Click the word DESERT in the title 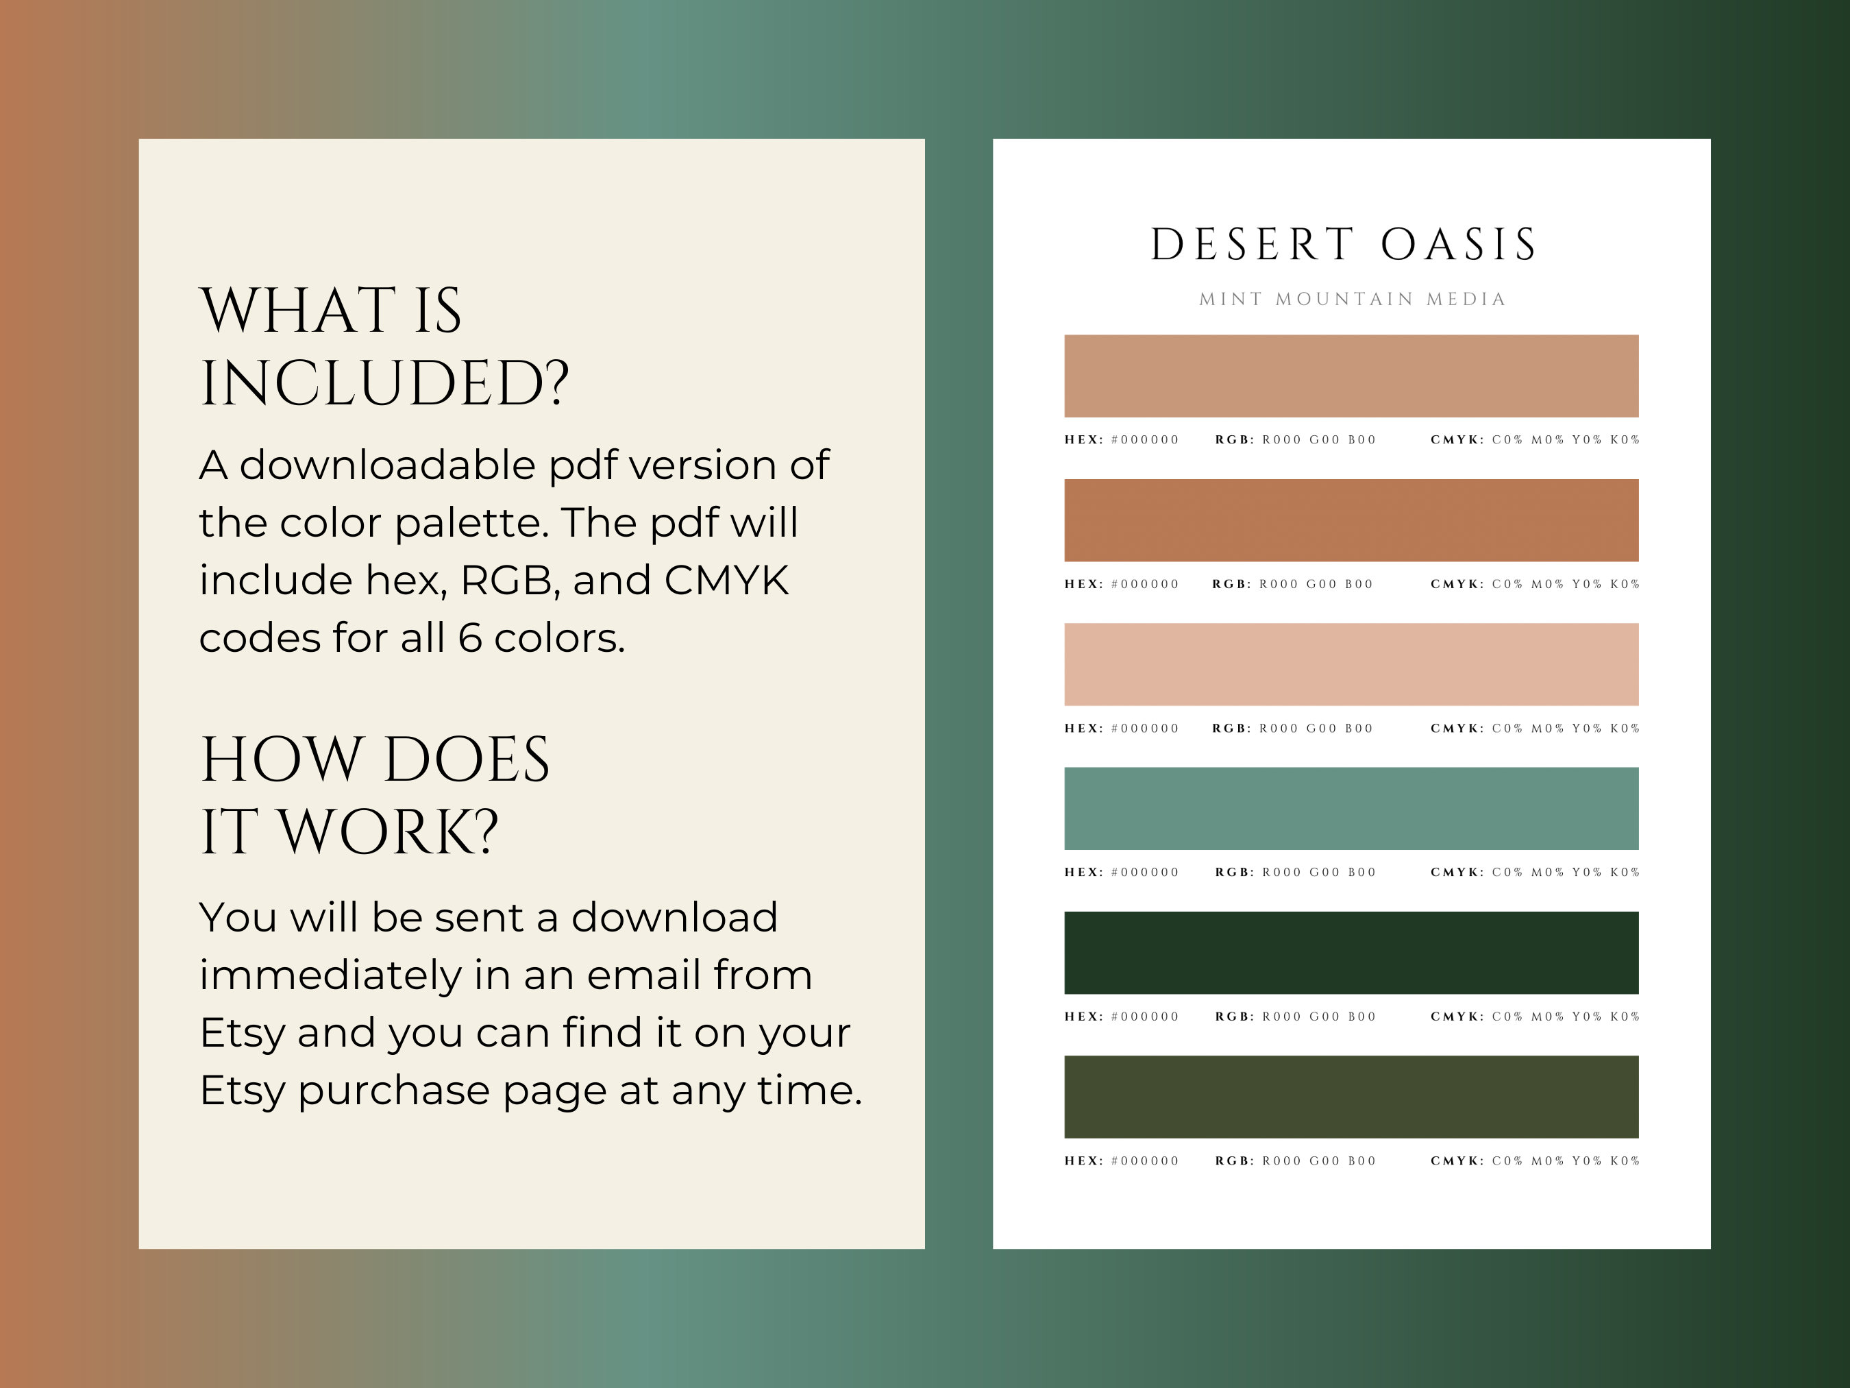[1252, 244]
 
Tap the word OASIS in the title [1458, 244]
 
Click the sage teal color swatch [1350, 808]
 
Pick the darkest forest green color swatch [1350, 953]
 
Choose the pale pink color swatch [1350, 664]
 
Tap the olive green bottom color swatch [1350, 1097]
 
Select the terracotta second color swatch [1350, 520]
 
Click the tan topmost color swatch [1350, 376]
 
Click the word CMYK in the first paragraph [726, 581]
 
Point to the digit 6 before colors [470, 638]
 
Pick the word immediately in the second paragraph [330, 976]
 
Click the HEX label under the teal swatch [1083, 873]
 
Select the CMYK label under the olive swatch [1456, 1161]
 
